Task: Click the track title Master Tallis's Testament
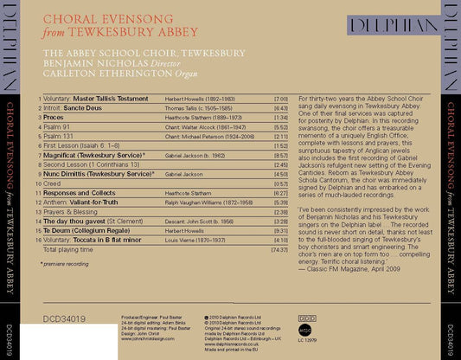coord(113,99)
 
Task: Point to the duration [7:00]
coord(279,99)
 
